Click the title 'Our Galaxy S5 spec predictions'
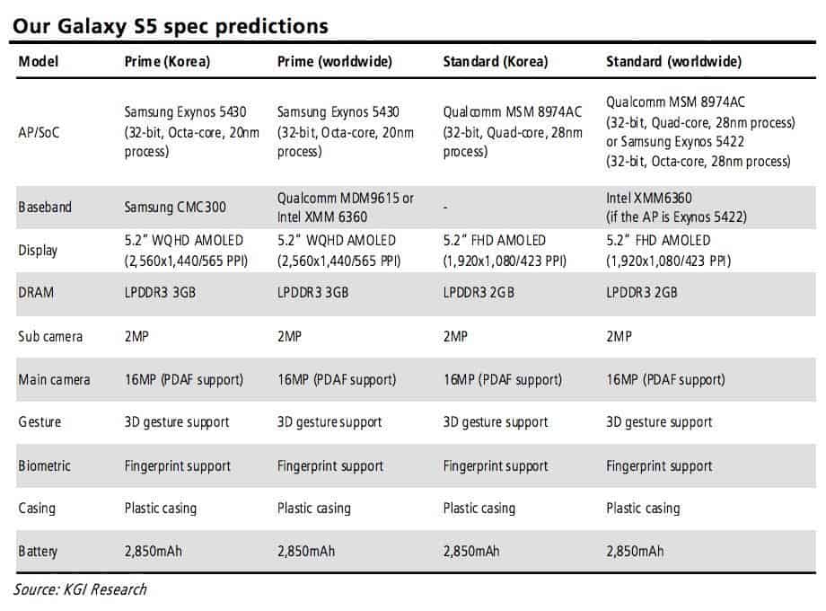coord(170,25)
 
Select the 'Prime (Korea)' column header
coord(167,61)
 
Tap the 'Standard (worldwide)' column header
coord(673,61)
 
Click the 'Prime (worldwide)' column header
coord(334,61)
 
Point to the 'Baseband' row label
coord(45,207)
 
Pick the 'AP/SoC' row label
coord(40,131)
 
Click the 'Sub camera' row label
coord(50,336)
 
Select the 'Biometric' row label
coord(45,465)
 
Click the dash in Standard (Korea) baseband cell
coord(446,207)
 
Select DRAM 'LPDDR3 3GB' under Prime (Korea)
coord(161,293)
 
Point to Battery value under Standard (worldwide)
coord(635,550)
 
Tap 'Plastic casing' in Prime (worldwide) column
coord(314,508)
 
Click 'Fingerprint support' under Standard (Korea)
coord(496,465)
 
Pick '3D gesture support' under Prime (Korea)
coord(177,422)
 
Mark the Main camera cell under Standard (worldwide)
coord(665,379)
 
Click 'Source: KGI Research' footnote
coord(80,589)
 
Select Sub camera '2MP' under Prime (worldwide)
coord(290,336)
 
